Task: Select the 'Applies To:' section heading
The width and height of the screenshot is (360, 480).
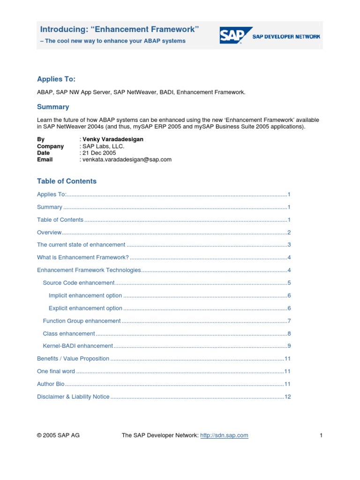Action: click(56, 80)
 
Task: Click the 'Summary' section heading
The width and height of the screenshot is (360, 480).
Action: click(53, 107)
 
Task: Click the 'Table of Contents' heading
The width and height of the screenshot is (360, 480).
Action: click(67, 181)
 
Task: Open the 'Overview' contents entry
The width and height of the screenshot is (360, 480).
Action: click(49, 232)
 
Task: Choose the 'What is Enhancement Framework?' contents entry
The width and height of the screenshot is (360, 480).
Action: click(82, 258)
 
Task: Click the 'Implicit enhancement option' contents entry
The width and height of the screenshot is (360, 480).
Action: click(85, 296)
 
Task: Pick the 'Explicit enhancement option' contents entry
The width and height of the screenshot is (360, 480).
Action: click(85, 308)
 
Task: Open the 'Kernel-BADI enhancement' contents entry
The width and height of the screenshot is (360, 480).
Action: click(78, 346)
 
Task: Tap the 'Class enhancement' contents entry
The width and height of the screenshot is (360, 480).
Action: click(69, 334)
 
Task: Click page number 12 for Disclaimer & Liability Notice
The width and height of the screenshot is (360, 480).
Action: click(288, 397)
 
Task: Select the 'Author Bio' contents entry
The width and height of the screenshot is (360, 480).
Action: click(51, 384)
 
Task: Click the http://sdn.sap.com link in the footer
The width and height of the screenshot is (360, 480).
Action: click(224, 435)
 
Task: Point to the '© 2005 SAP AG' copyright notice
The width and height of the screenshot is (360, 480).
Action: click(58, 435)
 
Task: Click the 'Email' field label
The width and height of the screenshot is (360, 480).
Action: click(45, 159)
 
